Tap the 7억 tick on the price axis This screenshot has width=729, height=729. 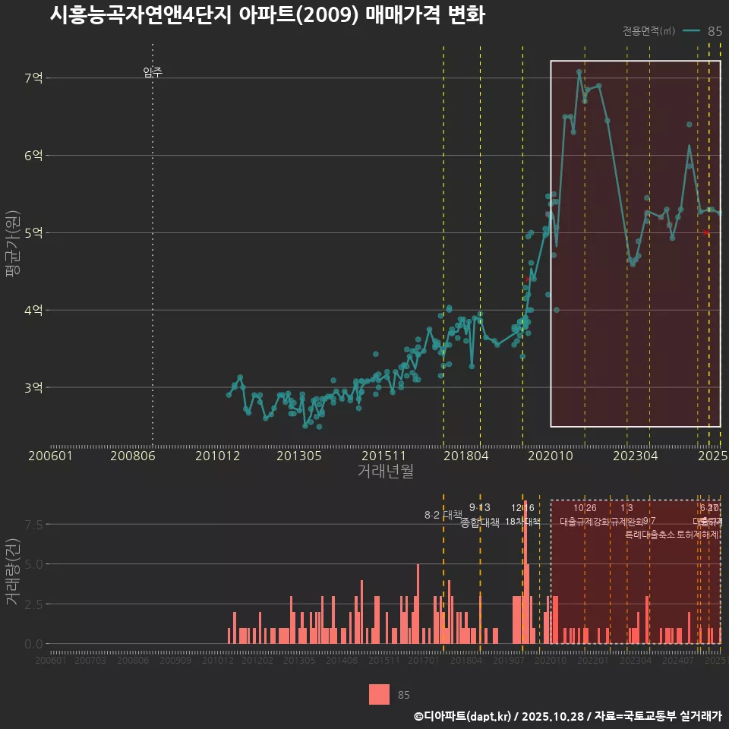coord(34,77)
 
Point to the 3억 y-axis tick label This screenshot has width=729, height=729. coord(34,387)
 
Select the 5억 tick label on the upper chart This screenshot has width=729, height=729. coord(34,232)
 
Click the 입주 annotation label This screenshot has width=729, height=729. coord(153,73)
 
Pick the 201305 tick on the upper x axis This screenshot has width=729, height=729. coord(299,456)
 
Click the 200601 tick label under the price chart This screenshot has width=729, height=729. coord(50,456)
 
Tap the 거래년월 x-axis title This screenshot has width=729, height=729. coord(385,472)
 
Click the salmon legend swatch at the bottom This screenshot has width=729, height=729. coord(379,694)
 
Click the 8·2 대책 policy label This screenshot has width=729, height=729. coord(443,515)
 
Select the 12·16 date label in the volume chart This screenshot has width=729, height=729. coord(522,508)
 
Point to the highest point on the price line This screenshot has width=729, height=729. coord(579,71)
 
